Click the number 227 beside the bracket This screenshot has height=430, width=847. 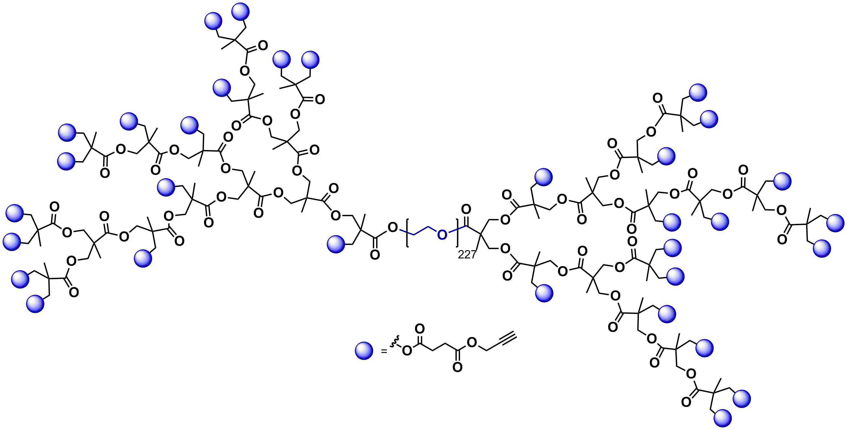pyautogui.click(x=466, y=254)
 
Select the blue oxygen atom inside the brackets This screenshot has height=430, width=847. pyautogui.click(x=442, y=234)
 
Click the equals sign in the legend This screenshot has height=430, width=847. pyautogui.click(x=384, y=352)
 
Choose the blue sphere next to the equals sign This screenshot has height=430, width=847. pyautogui.click(x=364, y=350)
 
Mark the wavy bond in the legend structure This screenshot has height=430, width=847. pyautogui.click(x=395, y=342)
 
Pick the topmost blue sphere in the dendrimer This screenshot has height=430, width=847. pyautogui.click(x=241, y=12)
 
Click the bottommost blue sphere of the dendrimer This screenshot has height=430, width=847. pyautogui.click(x=723, y=418)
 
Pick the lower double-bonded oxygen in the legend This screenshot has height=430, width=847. pyautogui.click(x=457, y=367)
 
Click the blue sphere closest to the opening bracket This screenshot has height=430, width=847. pyautogui.click(x=336, y=244)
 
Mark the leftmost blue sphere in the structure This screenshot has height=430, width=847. pyautogui.click(x=12, y=241)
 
